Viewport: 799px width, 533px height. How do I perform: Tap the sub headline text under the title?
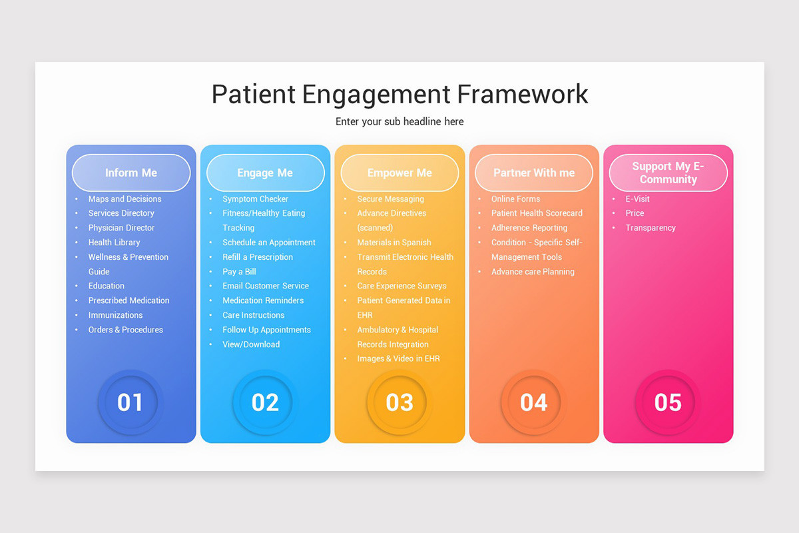(x=400, y=122)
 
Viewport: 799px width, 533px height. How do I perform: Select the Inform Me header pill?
(x=131, y=173)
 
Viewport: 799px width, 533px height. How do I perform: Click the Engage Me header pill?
(x=265, y=173)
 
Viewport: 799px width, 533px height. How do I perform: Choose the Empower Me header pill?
(x=400, y=173)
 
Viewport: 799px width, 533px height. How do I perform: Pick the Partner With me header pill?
(x=534, y=173)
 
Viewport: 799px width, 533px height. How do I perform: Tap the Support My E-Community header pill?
(x=668, y=173)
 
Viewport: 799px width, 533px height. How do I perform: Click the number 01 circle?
(x=131, y=402)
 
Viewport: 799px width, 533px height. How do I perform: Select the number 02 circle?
(x=265, y=402)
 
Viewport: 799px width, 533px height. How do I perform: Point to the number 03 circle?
(x=400, y=402)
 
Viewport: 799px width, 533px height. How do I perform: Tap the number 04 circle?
(x=534, y=402)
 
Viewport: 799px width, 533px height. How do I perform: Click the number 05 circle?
(x=668, y=402)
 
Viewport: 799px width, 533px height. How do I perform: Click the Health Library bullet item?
(x=114, y=243)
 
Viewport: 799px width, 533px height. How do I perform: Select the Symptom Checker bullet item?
(x=255, y=199)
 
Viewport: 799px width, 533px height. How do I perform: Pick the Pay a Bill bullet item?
(x=239, y=272)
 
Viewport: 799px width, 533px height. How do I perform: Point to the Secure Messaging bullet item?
(x=390, y=199)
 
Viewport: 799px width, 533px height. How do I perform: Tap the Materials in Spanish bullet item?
(x=394, y=243)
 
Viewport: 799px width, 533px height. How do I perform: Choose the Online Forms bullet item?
(x=515, y=199)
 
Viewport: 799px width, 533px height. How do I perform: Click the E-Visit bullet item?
(x=637, y=199)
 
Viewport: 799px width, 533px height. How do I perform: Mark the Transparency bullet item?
(x=651, y=228)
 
